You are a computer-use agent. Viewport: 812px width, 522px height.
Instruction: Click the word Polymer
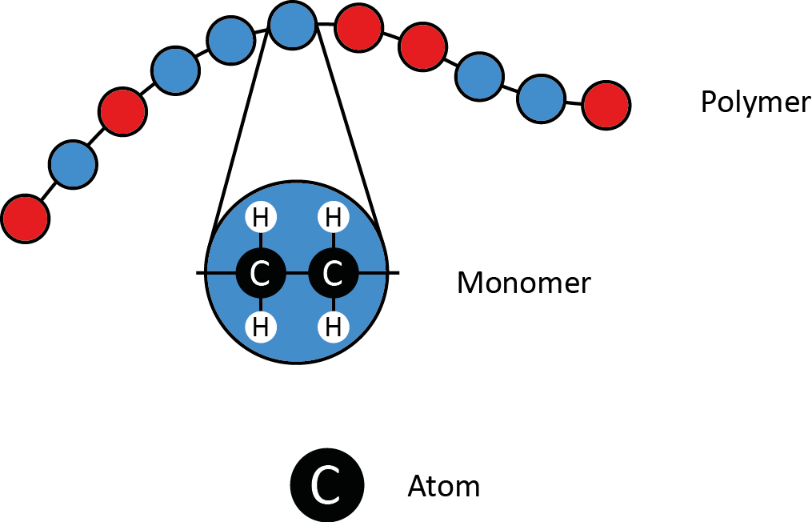754,102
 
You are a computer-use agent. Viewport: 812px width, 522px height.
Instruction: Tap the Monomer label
523,283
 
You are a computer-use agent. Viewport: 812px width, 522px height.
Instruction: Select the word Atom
444,486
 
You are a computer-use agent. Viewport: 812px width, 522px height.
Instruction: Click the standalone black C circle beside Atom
326,484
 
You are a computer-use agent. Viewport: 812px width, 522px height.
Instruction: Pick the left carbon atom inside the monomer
260,274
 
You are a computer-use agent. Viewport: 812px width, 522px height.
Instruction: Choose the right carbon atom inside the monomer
332,274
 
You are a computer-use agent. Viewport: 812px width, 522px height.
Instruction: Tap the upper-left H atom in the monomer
260,218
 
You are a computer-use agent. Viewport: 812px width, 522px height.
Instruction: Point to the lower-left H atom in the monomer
260,327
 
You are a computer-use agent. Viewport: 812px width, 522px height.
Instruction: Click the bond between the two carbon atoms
296,274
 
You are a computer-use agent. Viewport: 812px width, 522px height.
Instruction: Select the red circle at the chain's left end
26,218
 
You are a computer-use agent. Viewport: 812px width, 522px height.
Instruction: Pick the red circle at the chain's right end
606,105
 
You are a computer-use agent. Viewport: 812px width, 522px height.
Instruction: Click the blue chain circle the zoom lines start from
292,25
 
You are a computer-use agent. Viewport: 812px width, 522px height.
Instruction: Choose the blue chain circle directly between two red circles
73,164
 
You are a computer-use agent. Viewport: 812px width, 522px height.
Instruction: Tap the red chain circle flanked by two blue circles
122,111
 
